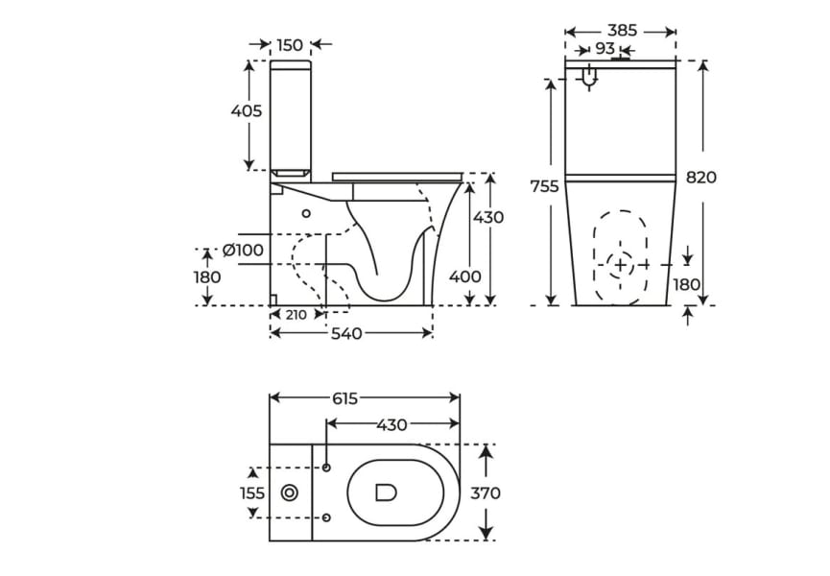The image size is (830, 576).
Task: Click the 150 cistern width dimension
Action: click(x=290, y=44)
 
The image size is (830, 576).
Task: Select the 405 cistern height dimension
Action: click(x=247, y=111)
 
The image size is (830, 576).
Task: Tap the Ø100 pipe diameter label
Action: click(x=243, y=251)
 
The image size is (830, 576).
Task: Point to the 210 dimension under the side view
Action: click(x=296, y=315)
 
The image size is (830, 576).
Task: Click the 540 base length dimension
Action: click(x=346, y=334)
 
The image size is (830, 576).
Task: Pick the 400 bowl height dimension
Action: click(x=465, y=276)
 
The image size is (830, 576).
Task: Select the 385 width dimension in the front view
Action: click(x=622, y=31)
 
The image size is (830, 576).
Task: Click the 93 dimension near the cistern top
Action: click(x=605, y=48)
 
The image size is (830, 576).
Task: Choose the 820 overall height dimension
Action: click(x=701, y=178)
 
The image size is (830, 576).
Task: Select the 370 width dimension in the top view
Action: click(x=486, y=493)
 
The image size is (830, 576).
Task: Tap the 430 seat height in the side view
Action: click(x=488, y=217)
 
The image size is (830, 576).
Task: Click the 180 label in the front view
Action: click(x=686, y=284)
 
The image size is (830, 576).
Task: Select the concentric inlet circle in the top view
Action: click(x=290, y=492)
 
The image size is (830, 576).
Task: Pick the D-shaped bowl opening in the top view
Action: click(x=386, y=492)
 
